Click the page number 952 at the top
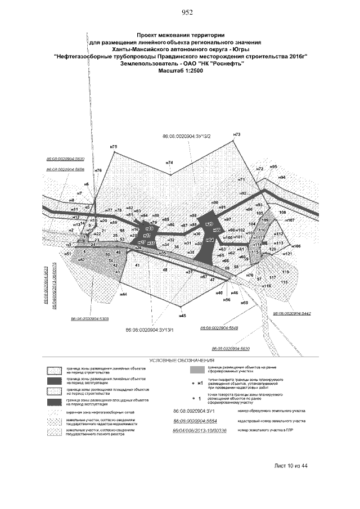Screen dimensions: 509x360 tap(187, 13)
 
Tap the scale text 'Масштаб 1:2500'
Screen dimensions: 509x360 tap(181, 71)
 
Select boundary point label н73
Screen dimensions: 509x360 tap(236, 134)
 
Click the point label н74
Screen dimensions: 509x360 tap(169, 163)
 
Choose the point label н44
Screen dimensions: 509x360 tap(123, 294)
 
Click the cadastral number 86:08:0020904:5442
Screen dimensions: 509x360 tap(292, 313)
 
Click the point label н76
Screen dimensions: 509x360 tap(98, 170)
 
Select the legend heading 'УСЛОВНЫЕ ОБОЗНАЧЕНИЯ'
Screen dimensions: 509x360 tap(181, 359)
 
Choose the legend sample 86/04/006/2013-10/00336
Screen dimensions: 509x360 tap(196, 430)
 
